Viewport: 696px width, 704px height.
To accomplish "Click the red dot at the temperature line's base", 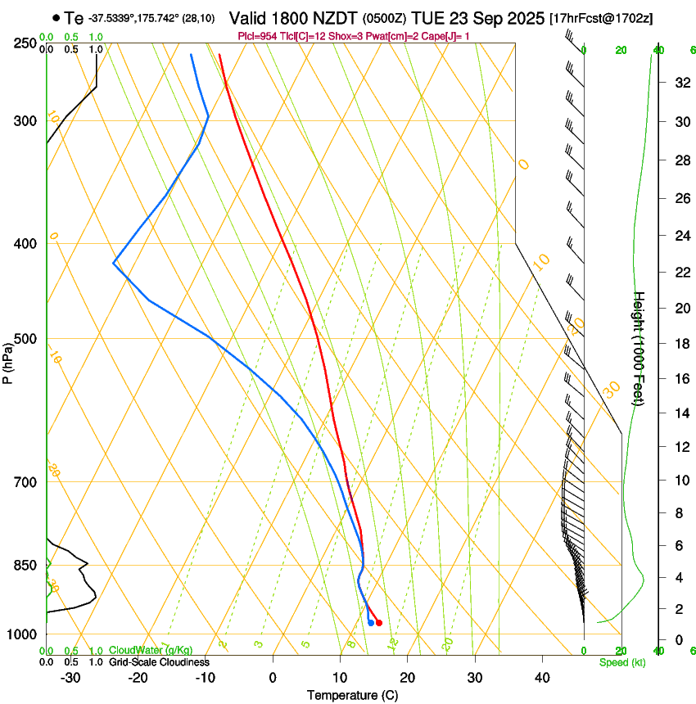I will click(x=378, y=623).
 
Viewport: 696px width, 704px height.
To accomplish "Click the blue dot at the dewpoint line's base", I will click(x=371, y=623).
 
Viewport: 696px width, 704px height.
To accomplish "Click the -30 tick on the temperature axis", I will click(x=70, y=677).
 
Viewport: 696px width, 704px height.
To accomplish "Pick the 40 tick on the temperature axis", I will click(x=541, y=677).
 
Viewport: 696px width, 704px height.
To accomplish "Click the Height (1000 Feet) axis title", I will click(x=640, y=348).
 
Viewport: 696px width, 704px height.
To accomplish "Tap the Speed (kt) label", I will click(x=621, y=661).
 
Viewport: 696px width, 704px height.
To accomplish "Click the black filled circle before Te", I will click(x=55, y=17).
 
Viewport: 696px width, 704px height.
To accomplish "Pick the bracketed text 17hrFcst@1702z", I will click(x=602, y=18).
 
